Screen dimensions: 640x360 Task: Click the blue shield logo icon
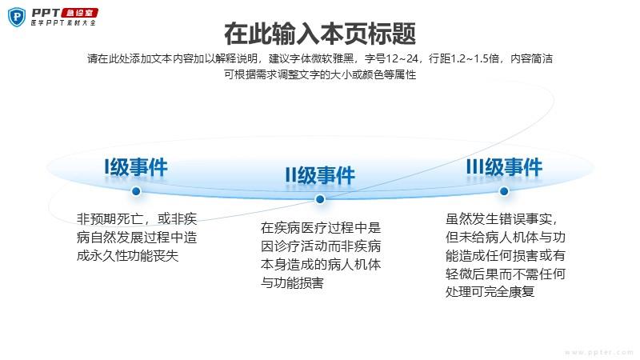pyautogui.click(x=17, y=17)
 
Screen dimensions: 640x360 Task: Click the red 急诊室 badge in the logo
pyautogui.click(x=79, y=13)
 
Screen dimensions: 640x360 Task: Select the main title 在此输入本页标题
pyautogui.click(x=320, y=34)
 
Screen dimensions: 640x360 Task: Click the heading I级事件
pyautogui.click(x=136, y=167)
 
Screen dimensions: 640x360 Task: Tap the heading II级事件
pyautogui.click(x=320, y=175)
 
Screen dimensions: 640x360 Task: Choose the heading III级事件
pyautogui.click(x=504, y=167)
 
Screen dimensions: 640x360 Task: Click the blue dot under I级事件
pyautogui.click(x=136, y=191)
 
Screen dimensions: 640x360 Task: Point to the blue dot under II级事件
pyautogui.click(x=320, y=199)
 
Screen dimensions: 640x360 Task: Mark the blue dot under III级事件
pyautogui.click(x=504, y=191)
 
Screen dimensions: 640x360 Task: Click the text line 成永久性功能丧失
pyautogui.click(x=127, y=255)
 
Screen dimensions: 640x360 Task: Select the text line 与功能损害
pyautogui.click(x=292, y=282)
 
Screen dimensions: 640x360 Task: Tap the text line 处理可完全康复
pyautogui.click(x=490, y=291)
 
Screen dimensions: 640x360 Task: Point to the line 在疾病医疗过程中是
pyautogui.click(x=321, y=227)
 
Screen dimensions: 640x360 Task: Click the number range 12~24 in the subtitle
pyautogui.click(x=402, y=58)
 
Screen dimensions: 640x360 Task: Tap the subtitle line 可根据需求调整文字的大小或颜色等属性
pyautogui.click(x=320, y=74)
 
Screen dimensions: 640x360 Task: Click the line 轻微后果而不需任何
pyautogui.click(x=506, y=274)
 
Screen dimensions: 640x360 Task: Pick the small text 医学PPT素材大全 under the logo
pyautogui.click(x=63, y=23)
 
